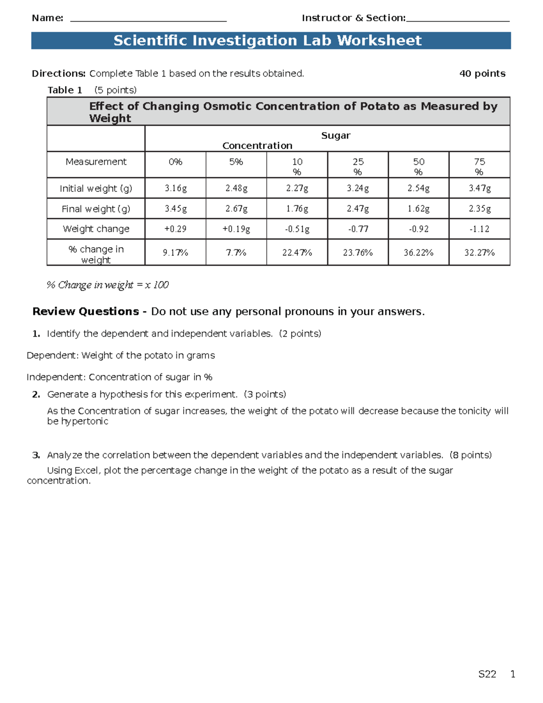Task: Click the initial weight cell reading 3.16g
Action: [x=176, y=188]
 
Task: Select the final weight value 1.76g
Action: [x=297, y=209]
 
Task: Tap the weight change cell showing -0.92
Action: [x=419, y=229]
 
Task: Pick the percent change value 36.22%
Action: [x=419, y=253]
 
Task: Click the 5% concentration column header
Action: [x=236, y=162]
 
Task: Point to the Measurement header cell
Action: [x=96, y=162]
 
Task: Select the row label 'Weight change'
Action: [x=96, y=229]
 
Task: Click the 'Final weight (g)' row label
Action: [x=96, y=209]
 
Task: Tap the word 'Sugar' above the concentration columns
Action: [x=336, y=136]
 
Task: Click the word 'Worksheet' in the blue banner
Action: [x=379, y=41]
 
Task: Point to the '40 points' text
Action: [x=482, y=74]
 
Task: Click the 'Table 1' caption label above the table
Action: [x=65, y=90]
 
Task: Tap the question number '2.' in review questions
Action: [x=36, y=394]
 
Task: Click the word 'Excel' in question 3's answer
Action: [x=86, y=471]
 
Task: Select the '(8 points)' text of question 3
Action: [x=471, y=455]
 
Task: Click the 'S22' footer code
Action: [x=487, y=674]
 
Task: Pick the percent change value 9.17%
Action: [x=176, y=253]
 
